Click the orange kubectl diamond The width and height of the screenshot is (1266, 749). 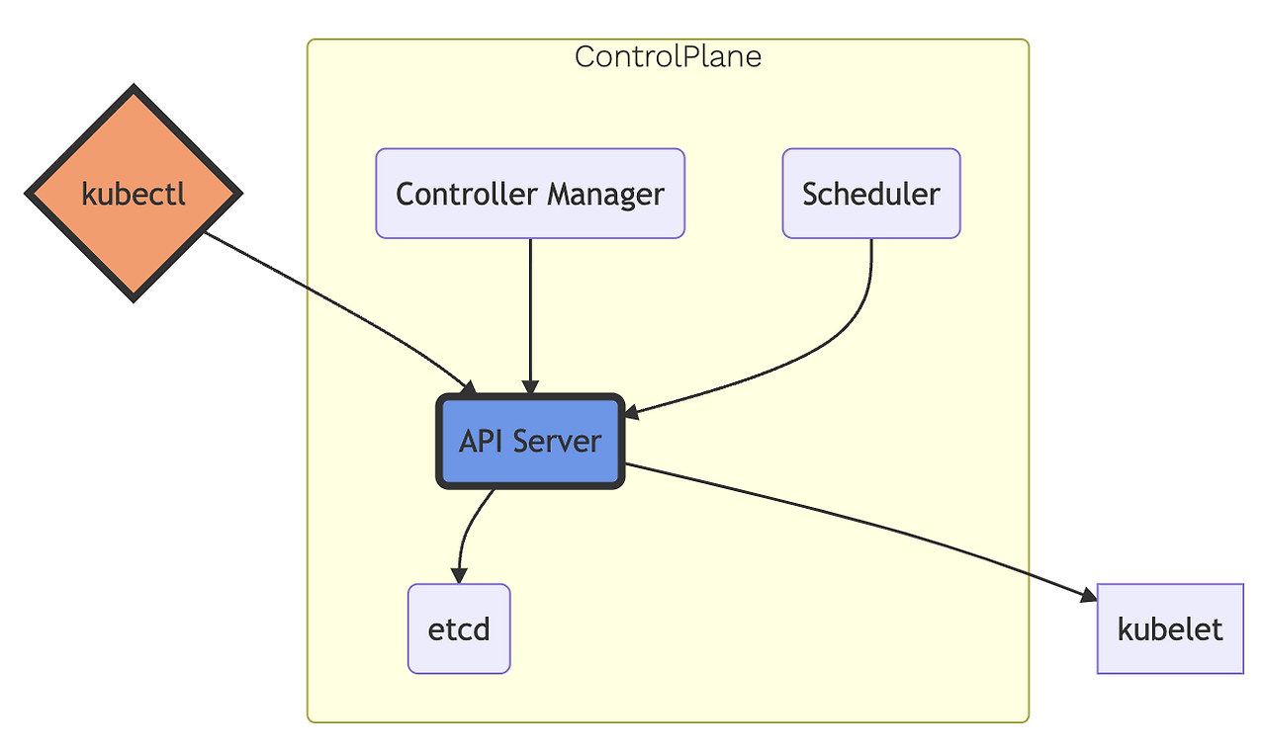(x=134, y=194)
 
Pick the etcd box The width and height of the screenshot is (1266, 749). (x=459, y=629)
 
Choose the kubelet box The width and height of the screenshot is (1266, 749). (x=1170, y=629)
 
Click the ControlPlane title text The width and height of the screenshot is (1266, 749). (x=668, y=57)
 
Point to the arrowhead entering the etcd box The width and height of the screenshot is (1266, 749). (x=458, y=576)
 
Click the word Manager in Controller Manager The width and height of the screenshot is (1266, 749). (x=605, y=195)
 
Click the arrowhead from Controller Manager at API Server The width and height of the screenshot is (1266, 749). (x=531, y=388)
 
